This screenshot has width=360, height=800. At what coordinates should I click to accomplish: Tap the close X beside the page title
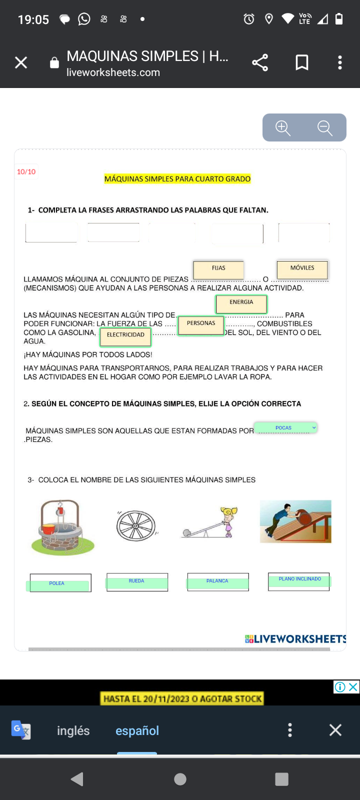point(21,62)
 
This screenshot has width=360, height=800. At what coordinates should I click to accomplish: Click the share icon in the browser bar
point(260,62)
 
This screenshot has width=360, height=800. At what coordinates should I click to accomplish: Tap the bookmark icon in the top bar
point(302,62)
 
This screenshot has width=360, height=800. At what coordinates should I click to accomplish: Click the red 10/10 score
point(26,172)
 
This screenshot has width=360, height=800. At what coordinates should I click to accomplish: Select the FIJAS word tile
point(218,269)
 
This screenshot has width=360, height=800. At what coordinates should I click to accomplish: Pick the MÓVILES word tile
point(302,269)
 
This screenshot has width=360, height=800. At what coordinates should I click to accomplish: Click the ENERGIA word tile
point(241,303)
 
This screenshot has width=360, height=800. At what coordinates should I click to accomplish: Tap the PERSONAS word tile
point(201,324)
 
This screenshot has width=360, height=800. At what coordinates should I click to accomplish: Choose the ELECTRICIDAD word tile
point(125,336)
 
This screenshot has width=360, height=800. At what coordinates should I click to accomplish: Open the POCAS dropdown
point(285,428)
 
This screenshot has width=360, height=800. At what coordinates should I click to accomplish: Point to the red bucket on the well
point(49,528)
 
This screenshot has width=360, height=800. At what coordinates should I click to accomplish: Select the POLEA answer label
point(57,584)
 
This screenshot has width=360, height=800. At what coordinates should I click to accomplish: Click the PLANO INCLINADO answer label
point(300,580)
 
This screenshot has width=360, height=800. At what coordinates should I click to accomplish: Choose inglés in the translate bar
point(73,730)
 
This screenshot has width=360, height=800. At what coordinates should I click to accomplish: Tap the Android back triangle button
point(77,779)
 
